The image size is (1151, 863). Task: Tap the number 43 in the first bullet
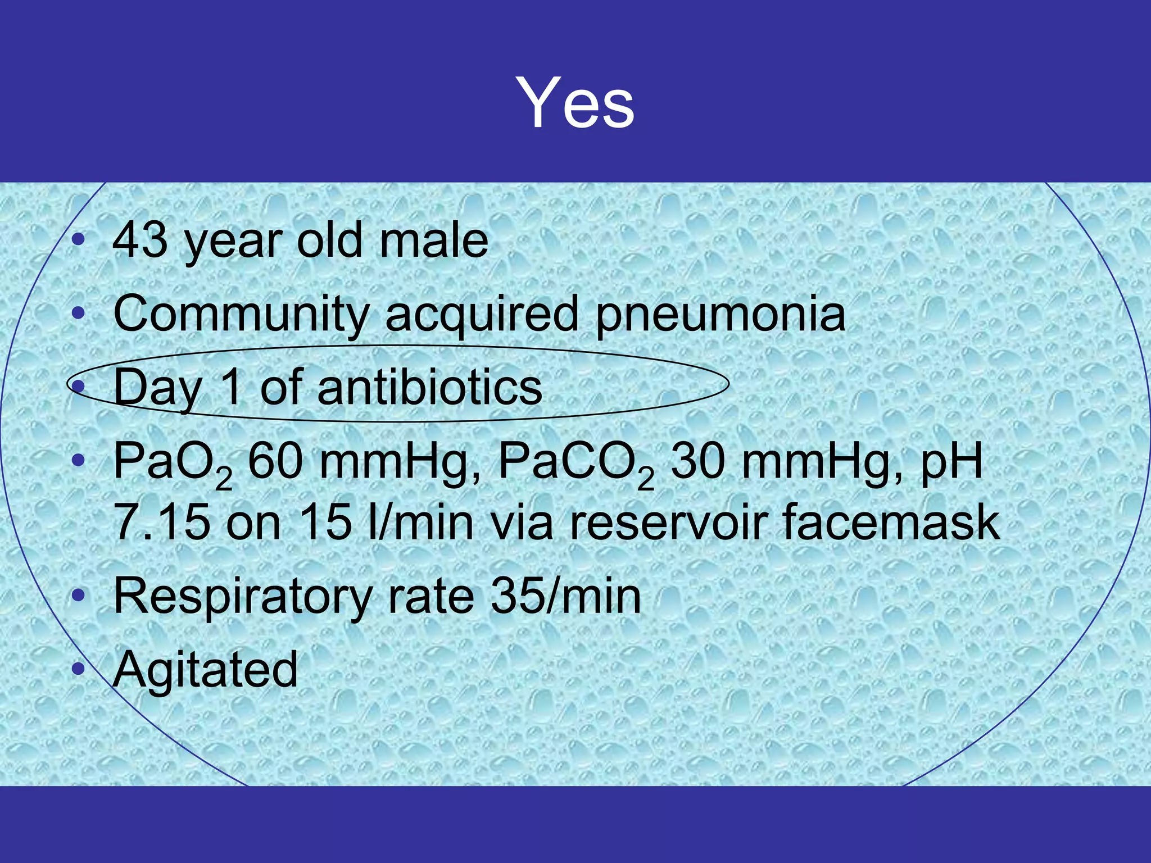pyautogui.click(x=140, y=240)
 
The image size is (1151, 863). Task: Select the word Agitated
pyautogui.click(x=205, y=670)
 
